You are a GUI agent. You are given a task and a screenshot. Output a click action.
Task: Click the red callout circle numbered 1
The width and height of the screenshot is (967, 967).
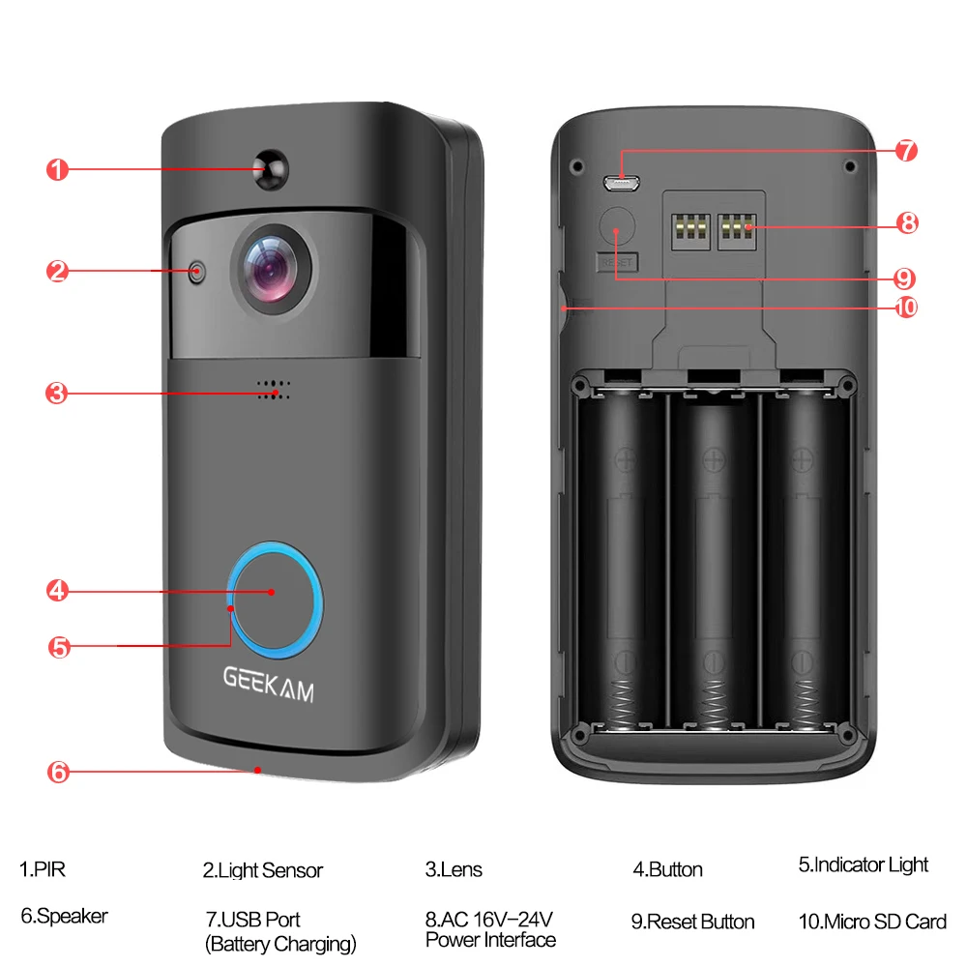[x=57, y=170]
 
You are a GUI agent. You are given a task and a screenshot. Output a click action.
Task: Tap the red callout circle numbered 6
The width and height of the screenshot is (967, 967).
[x=57, y=772]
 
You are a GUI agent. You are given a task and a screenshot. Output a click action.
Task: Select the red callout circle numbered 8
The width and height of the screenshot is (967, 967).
[x=906, y=223]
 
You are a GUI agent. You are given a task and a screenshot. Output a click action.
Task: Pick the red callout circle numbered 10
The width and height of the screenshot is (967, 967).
[x=906, y=308]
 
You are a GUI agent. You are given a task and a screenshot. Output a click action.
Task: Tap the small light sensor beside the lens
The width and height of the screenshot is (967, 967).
[x=197, y=272]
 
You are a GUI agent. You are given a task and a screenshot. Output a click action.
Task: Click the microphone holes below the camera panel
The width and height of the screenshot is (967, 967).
[x=273, y=389]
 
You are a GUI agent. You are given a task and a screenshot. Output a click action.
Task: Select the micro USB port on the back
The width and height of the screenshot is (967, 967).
[x=621, y=181]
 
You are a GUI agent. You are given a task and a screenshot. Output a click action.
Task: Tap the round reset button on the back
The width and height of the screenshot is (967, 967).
[x=615, y=228]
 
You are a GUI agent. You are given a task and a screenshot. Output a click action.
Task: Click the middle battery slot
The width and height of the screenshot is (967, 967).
[x=714, y=561]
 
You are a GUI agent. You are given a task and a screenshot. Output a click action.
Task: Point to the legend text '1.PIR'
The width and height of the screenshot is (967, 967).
[x=44, y=869]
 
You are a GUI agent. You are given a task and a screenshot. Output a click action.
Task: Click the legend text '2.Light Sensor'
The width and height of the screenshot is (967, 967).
[x=262, y=870]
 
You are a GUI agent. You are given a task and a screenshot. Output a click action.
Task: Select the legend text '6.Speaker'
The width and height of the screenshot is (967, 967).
[x=64, y=915]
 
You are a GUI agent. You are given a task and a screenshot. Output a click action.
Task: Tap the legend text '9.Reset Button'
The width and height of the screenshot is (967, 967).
[x=692, y=921]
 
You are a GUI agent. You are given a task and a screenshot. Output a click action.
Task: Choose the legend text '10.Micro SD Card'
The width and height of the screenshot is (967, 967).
[x=872, y=921]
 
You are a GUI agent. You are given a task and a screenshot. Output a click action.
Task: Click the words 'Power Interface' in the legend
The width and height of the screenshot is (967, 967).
[x=490, y=939]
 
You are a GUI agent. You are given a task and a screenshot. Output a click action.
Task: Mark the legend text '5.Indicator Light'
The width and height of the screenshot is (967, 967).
[x=863, y=864]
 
